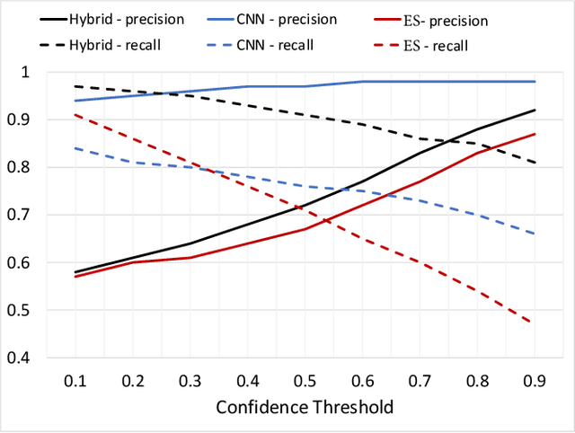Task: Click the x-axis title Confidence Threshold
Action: (x=305, y=407)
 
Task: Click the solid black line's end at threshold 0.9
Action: (x=535, y=110)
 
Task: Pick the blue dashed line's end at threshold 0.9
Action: (x=535, y=234)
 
